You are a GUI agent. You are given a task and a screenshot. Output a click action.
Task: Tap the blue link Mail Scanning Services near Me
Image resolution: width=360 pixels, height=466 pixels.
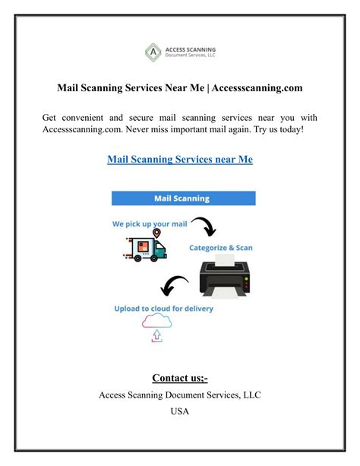point(179,160)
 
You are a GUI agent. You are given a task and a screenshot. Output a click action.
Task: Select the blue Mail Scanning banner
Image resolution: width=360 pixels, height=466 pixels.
point(183,198)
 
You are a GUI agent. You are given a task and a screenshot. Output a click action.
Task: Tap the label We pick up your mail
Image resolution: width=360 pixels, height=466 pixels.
point(151,223)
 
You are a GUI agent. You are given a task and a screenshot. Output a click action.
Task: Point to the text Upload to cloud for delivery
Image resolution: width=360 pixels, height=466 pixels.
point(164,309)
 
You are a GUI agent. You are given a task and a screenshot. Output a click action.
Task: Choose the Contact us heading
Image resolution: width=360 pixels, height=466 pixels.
point(179,378)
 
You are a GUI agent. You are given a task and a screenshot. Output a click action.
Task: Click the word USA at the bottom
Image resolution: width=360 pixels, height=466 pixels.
point(180,412)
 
